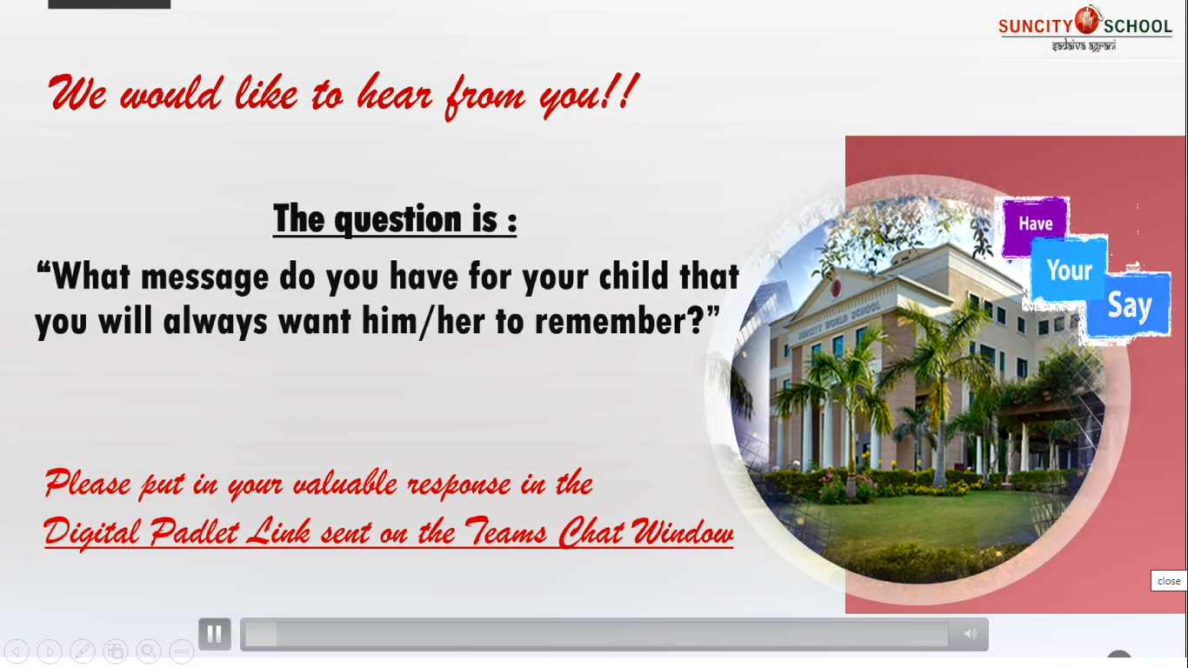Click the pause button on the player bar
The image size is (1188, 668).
click(x=214, y=633)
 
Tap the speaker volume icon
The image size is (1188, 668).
click(x=970, y=633)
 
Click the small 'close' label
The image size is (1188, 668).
click(x=1168, y=581)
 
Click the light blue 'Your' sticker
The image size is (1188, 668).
click(x=1069, y=271)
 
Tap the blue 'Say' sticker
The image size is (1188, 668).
click(x=1129, y=305)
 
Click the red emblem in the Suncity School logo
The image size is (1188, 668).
click(x=1087, y=21)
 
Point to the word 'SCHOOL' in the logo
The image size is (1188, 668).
click(x=1138, y=26)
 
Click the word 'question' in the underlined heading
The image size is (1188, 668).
click(x=397, y=220)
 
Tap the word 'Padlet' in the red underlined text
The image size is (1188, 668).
click(x=194, y=531)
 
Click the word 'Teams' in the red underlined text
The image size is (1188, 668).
click(x=505, y=531)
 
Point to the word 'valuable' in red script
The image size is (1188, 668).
click(x=344, y=484)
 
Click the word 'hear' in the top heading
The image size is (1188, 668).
click(x=395, y=94)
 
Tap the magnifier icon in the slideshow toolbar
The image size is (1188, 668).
click(x=149, y=651)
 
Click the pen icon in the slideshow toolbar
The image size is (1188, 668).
click(x=83, y=651)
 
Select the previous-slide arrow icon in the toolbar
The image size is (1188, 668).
click(x=17, y=651)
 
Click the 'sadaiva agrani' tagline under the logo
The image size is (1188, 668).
click(x=1084, y=45)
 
